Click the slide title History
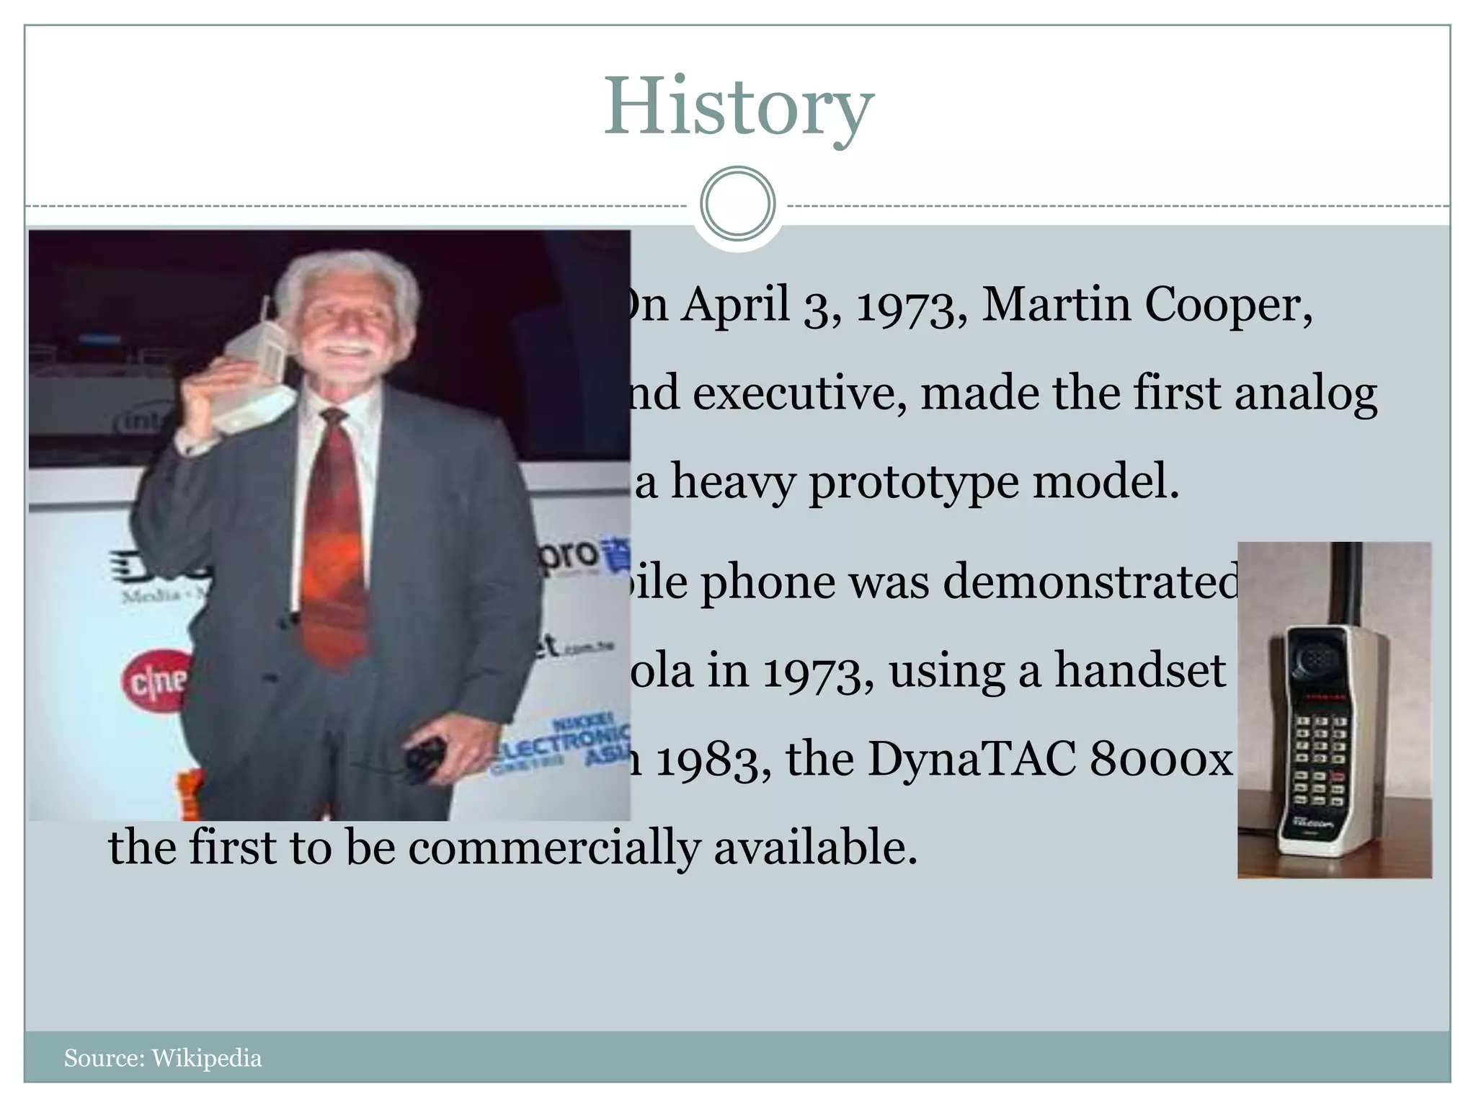(x=738, y=108)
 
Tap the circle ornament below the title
(x=737, y=204)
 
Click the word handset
(x=1140, y=670)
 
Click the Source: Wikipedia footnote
(x=163, y=1058)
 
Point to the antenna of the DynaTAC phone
(x=1346, y=584)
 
